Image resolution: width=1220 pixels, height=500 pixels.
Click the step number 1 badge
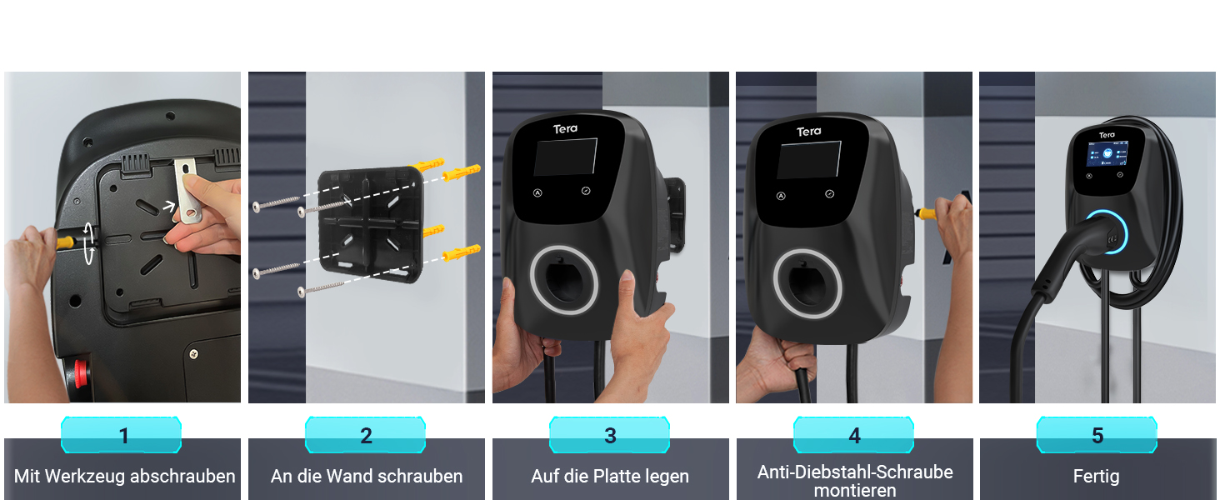point(121,435)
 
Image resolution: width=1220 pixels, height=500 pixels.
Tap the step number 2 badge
point(366,435)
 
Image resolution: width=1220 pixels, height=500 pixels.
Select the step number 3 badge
point(609,435)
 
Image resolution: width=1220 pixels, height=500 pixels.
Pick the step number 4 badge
point(853,435)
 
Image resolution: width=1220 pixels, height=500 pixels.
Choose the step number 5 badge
point(1097,435)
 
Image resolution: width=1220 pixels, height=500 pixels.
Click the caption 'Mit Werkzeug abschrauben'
point(125,476)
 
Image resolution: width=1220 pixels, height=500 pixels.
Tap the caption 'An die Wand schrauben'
point(367,476)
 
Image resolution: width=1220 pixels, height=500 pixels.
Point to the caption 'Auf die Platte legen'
point(610,476)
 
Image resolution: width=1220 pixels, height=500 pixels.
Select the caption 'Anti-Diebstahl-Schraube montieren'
point(855,480)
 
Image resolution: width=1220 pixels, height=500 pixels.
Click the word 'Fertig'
point(1097,477)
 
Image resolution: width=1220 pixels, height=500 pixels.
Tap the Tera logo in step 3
point(565,129)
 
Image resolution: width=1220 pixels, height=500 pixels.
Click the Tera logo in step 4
point(809,132)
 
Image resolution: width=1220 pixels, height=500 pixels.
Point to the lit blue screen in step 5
point(1107,153)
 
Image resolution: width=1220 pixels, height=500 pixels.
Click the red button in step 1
point(81,373)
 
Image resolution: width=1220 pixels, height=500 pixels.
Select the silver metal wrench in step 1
point(187,191)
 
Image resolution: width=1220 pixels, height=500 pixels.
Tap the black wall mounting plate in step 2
point(371,224)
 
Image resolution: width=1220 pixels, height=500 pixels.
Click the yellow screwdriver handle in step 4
point(925,213)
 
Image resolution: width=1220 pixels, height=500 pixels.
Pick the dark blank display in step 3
point(565,157)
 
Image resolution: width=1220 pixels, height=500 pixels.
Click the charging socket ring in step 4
point(807,283)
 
